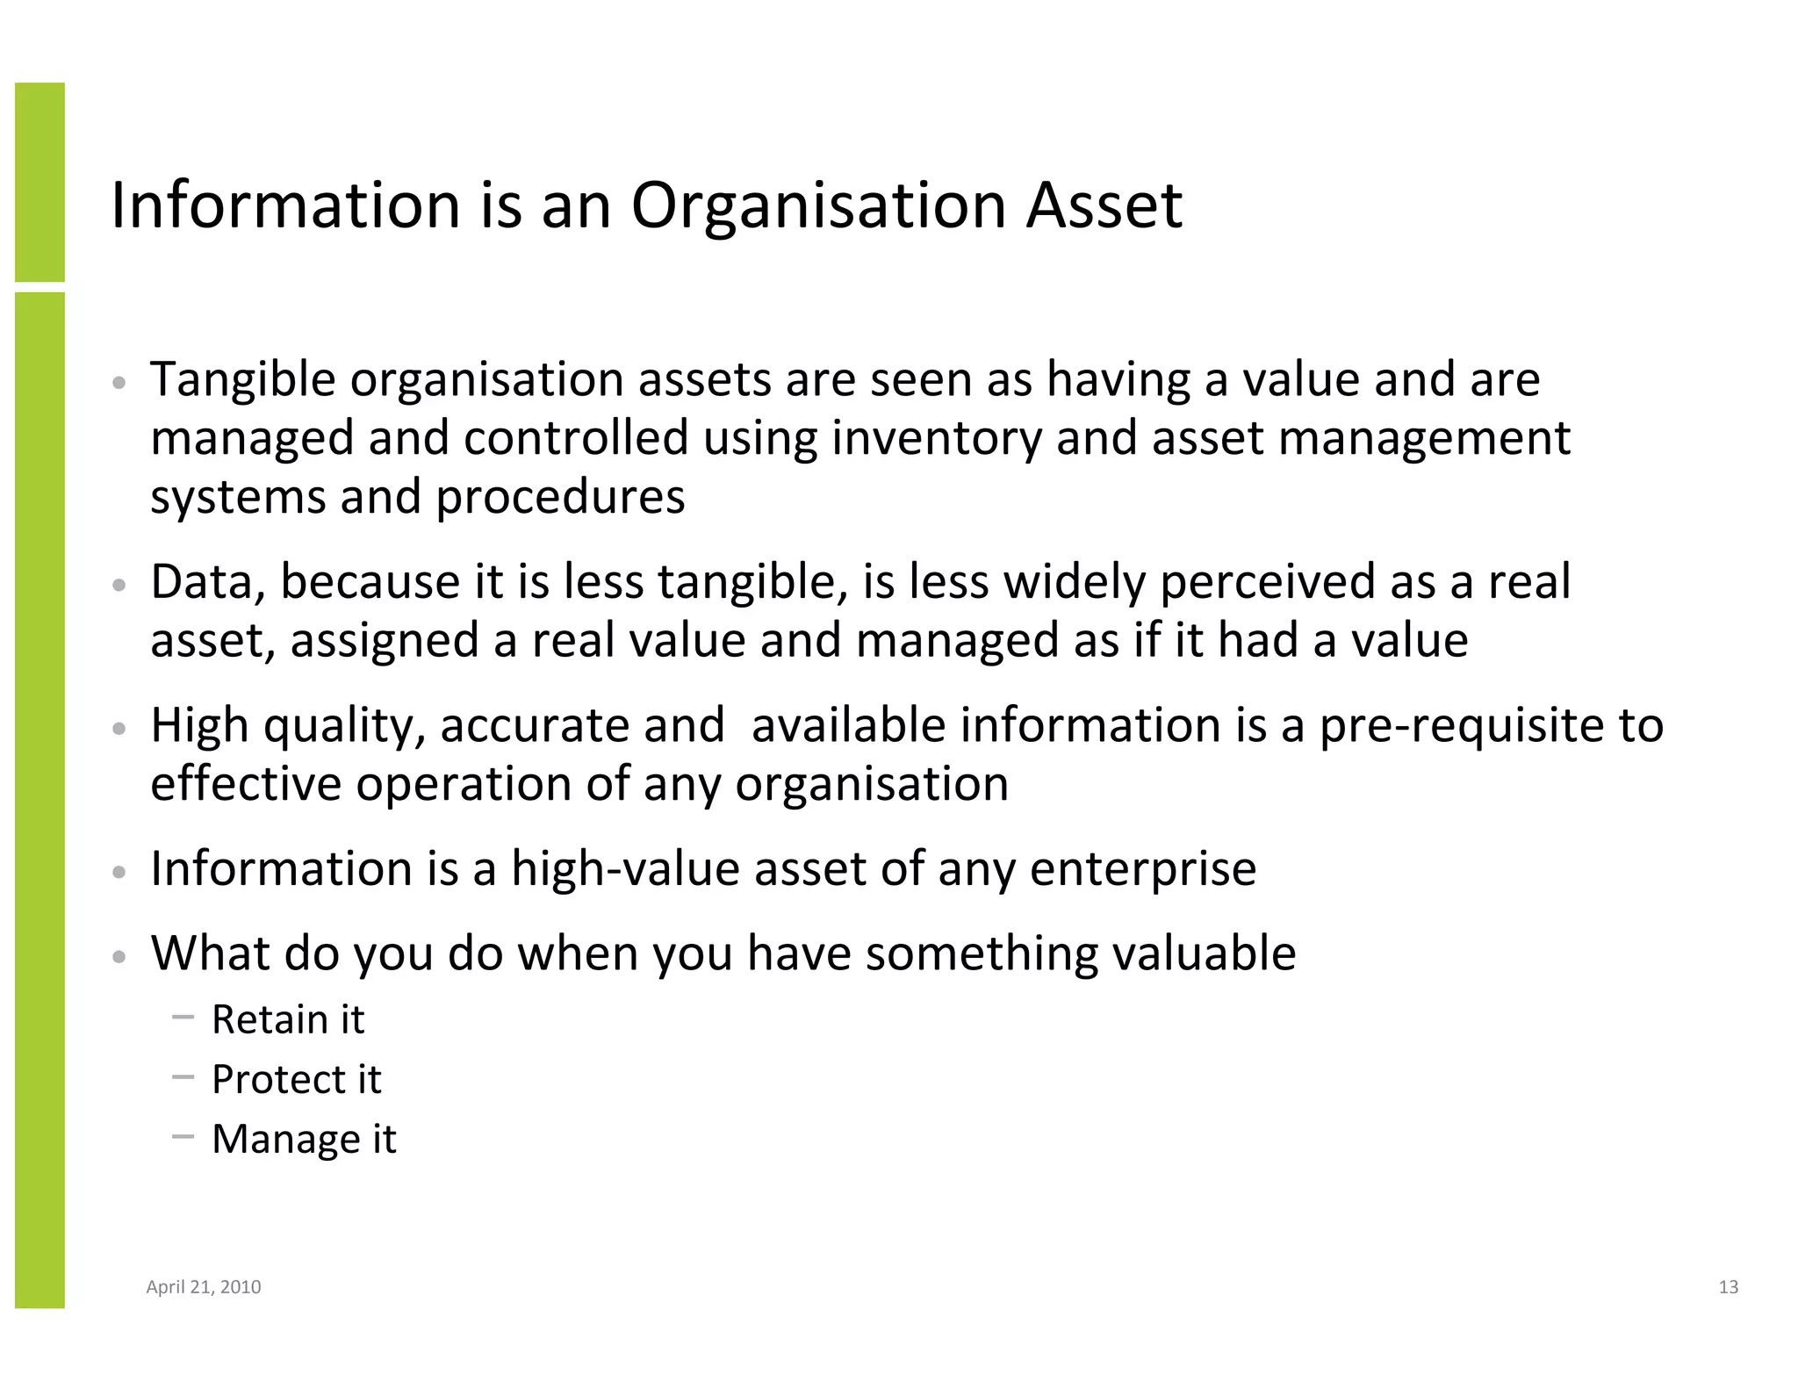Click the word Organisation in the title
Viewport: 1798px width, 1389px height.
[818, 207]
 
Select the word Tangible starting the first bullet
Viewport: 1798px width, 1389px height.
[243, 381]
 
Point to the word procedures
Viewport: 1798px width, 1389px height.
[560, 498]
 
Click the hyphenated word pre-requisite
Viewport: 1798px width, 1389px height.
[1461, 726]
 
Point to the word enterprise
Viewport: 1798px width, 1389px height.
[1142, 870]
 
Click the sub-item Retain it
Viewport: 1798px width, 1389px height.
[287, 1020]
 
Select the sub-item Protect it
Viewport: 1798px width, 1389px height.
[296, 1080]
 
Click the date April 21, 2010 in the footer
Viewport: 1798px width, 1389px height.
[203, 1287]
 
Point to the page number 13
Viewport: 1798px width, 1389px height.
[1728, 1287]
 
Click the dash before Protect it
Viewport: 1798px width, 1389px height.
[183, 1076]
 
